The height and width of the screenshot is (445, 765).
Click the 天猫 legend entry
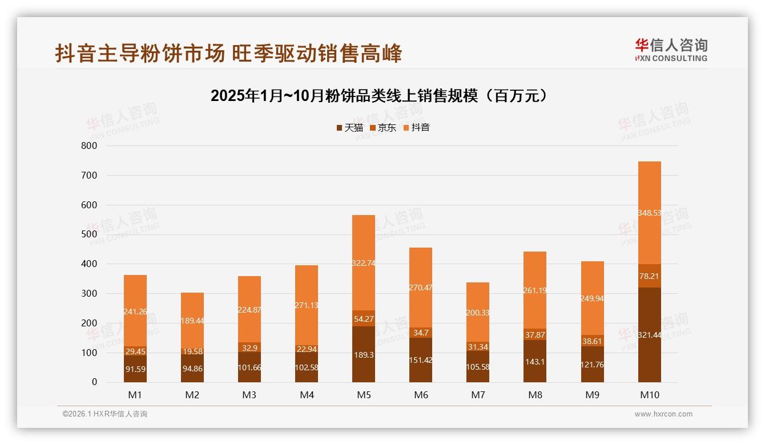coord(349,127)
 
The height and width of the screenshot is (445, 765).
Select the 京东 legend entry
coord(383,127)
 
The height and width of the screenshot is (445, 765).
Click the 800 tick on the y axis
coord(90,145)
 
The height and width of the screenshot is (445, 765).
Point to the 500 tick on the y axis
coord(90,234)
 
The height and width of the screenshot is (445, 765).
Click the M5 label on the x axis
coord(364,395)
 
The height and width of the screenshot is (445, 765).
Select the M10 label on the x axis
coord(649,395)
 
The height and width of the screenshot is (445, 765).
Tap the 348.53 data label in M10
coord(649,213)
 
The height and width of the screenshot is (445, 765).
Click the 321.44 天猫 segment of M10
coord(649,335)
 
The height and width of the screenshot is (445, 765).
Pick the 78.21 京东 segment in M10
coord(649,276)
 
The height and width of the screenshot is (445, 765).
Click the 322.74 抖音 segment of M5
coord(364,263)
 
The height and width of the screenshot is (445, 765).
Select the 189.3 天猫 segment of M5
coord(364,354)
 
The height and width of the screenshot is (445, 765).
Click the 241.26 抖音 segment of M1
coord(135,311)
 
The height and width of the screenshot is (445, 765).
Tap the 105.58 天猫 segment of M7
coord(478,366)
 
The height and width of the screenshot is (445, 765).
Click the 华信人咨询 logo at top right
coord(671,50)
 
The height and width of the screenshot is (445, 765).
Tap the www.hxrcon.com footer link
coord(663,414)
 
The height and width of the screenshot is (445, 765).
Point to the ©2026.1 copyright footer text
coord(105,414)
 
